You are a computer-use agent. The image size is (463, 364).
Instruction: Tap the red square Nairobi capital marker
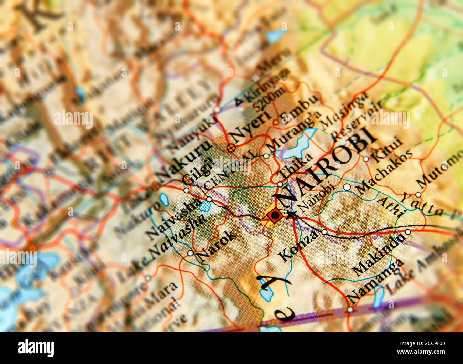coord(275,215)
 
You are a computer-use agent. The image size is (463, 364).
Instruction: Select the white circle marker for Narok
coord(191,253)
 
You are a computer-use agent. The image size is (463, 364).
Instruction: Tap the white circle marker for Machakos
coord(347,187)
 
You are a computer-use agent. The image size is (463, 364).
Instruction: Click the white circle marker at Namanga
coord(350,309)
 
